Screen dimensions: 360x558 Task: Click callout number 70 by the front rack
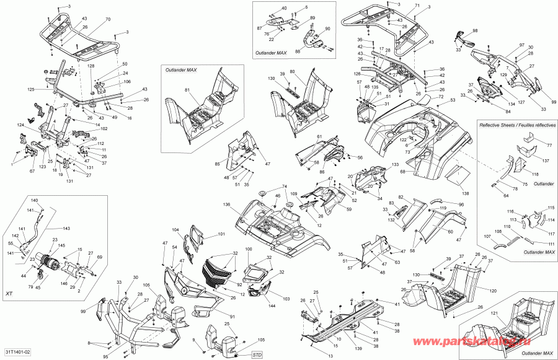[108, 20]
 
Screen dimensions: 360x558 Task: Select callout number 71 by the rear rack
[417, 6]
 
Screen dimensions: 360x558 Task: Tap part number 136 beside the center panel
[227, 205]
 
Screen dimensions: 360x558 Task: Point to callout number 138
[465, 194]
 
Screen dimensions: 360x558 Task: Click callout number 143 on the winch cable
[66, 228]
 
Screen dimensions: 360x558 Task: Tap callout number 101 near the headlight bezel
[221, 235]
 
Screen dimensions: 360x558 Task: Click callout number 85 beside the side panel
[218, 164]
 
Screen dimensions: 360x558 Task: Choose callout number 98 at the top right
[475, 30]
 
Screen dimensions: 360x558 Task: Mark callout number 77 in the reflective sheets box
[548, 144]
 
